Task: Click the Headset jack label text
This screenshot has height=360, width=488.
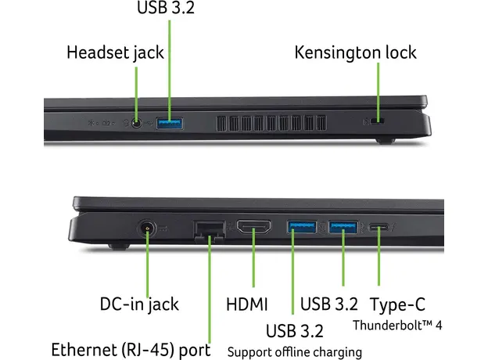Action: [115, 53]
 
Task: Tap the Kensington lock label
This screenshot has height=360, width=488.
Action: [355, 53]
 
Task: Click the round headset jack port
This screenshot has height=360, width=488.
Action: [138, 122]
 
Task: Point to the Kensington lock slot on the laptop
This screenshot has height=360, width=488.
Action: [379, 121]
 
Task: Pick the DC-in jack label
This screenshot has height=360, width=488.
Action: [139, 304]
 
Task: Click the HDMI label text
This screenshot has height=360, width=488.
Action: [247, 304]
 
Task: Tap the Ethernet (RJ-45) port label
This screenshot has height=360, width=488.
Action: [130, 348]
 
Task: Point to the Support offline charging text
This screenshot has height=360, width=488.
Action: [295, 351]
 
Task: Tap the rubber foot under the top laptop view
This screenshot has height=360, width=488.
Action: [382, 141]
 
